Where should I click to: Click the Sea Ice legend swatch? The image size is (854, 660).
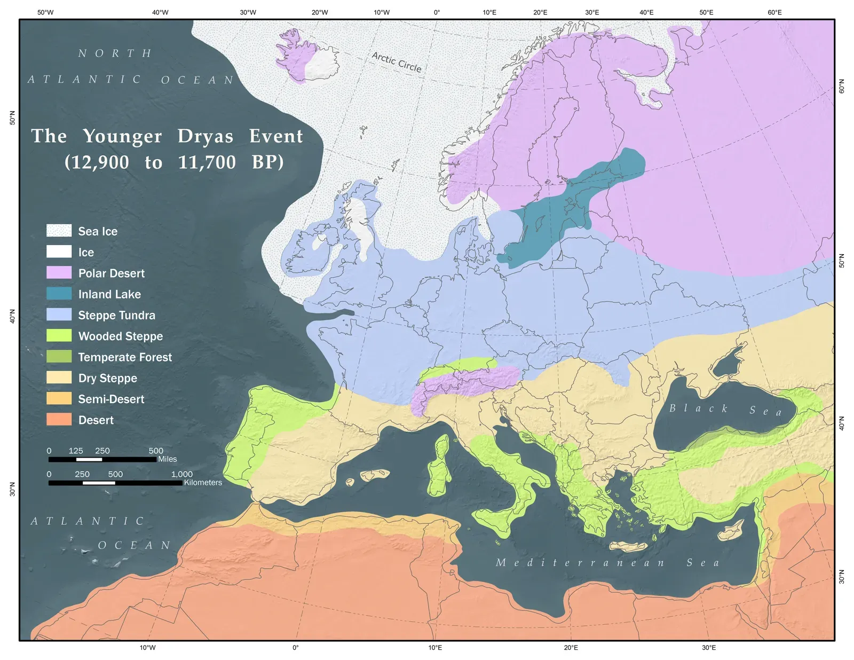pos(59,231)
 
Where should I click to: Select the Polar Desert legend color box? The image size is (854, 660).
pos(59,273)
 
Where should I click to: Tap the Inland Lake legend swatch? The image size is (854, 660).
pos(59,294)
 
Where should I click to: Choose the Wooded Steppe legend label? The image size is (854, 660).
pos(121,336)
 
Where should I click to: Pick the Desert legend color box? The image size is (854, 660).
pos(59,420)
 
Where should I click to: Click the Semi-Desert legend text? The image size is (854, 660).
pos(111,399)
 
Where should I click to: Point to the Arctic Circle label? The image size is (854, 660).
pos(397,62)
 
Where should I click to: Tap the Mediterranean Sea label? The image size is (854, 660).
pos(607,563)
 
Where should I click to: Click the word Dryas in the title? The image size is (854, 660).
pos(205,137)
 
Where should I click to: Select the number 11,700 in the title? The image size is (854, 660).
pos(207,162)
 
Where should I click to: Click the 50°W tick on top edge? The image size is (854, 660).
pos(45,12)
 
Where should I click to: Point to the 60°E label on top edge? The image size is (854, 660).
pos(774,12)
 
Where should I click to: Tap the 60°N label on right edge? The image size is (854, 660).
pos(842,87)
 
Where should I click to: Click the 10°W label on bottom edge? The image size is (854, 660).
pos(148,648)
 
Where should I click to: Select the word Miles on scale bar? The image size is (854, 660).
pos(167,459)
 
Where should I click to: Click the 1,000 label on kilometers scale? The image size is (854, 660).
pos(181,474)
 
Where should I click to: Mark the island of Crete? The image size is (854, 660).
pos(628,546)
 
